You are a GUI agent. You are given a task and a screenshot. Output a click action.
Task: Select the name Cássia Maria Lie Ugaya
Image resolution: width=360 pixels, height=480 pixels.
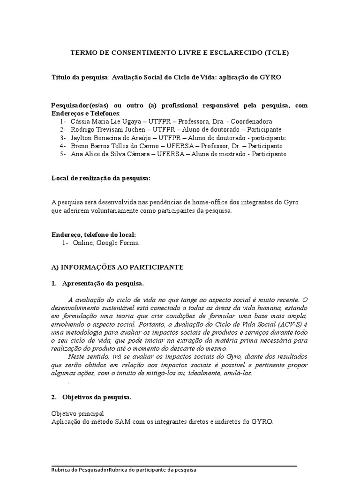click(105, 121)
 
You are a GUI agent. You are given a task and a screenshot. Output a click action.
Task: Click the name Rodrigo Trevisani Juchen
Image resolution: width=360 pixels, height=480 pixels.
click(109, 129)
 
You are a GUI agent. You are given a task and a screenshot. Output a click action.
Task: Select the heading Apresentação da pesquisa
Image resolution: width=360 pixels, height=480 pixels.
click(103, 284)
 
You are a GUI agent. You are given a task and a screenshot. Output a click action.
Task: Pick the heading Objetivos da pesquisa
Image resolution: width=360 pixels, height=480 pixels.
click(97, 397)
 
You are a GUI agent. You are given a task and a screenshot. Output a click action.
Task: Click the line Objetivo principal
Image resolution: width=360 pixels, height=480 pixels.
click(77, 413)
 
